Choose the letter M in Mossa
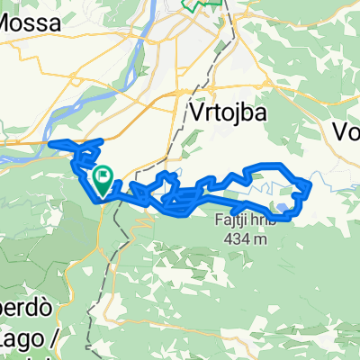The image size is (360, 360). [7, 24]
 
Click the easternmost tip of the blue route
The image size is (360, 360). [311, 187]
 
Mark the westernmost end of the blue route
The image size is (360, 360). [49, 143]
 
